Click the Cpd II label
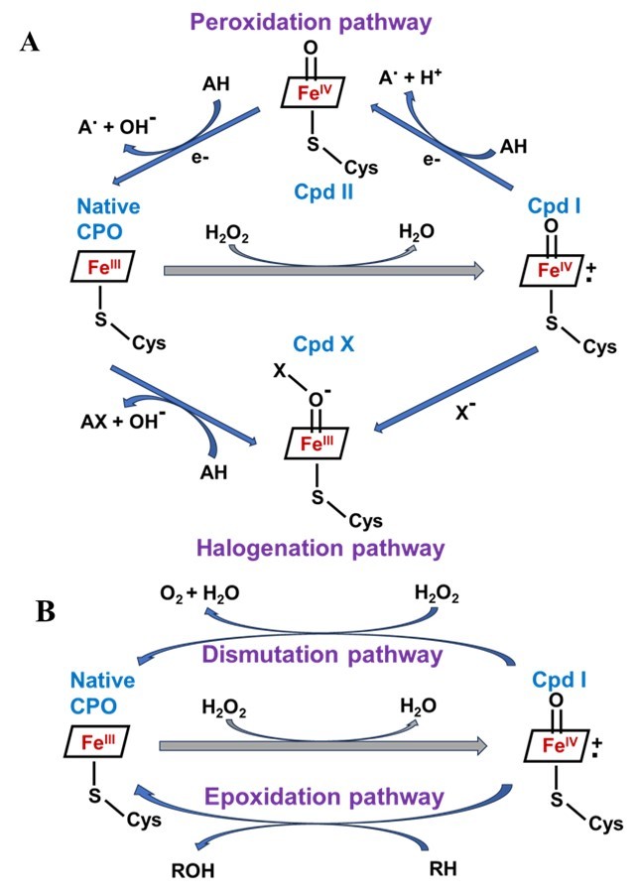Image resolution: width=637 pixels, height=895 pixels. [313, 190]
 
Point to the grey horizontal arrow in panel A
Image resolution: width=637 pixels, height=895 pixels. [322, 269]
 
